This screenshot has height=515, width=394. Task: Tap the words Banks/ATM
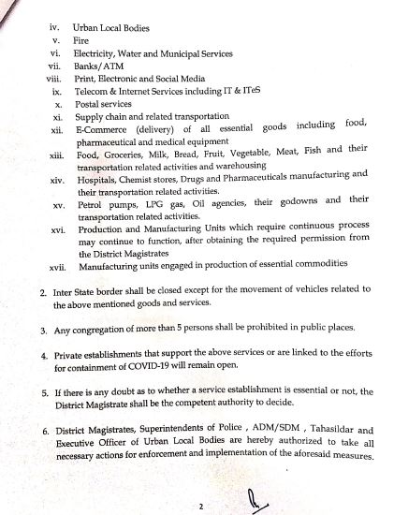[96, 67]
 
